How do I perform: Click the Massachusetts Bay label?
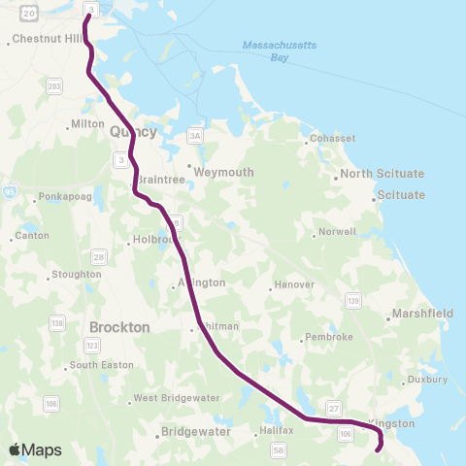click(x=270, y=51)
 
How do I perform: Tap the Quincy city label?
click(x=133, y=130)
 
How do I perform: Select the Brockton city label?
click(x=118, y=327)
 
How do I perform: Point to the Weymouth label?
click(x=223, y=172)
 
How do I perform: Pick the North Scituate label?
click(x=382, y=174)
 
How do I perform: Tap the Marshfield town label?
click(x=421, y=314)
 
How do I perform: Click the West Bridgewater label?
click(x=171, y=398)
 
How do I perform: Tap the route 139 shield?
click(x=352, y=302)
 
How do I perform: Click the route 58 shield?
click(x=279, y=449)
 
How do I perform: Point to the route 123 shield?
click(x=92, y=346)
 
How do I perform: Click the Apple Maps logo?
click(x=35, y=449)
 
